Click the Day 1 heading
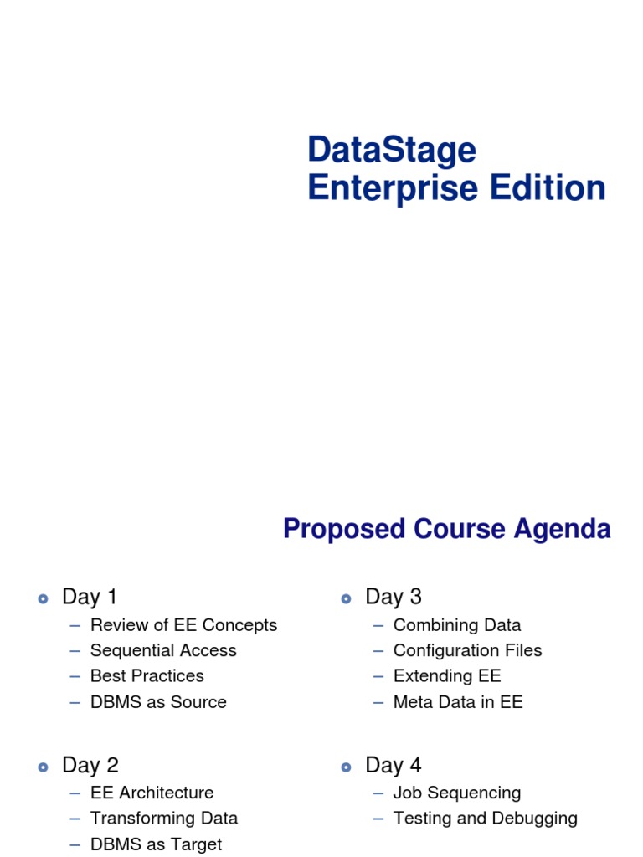click(x=90, y=597)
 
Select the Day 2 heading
click(x=90, y=765)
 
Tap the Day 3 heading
click(x=393, y=597)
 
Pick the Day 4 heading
click(x=393, y=765)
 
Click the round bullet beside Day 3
click(x=346, y=598)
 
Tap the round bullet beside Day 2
click(x=43, y=767)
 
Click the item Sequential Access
click(x=163, y=650)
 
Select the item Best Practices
click(x=147, y=675)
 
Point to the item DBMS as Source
click(x=158, y=702)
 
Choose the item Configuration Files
click(x=467, y=650)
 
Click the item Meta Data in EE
click(x=457, y=702)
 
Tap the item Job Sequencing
click(x=456, y=793)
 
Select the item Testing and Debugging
click(x=485, y=818)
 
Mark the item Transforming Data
click(x=164, y=818)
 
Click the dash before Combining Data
click(x=378, y=625)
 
